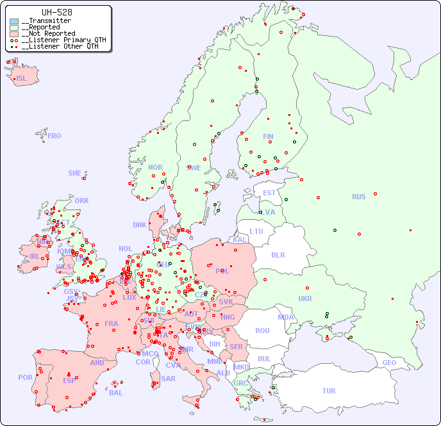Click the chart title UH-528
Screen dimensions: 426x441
coord(56,12)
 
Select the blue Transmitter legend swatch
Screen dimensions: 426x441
coord(14,21)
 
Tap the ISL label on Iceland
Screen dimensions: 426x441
coord(22,79)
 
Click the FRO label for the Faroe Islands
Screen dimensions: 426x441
coord(54,136)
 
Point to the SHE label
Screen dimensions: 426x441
coord(75,173)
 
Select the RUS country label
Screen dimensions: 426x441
coord(358,197)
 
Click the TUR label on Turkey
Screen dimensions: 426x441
coord(329,391)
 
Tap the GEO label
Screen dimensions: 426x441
coord(389,363)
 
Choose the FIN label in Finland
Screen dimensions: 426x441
coord(268,136)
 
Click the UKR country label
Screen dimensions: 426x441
coord(305,299)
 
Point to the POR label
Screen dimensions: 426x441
coord(25,377)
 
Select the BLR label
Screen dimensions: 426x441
coord(278,254)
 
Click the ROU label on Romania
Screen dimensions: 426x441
coord(262,331)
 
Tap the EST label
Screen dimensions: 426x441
coord(269,193)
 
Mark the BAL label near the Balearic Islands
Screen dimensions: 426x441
coord(116,393)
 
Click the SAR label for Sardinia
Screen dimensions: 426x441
coord(168,379)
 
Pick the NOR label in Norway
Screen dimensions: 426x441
coord(155,167)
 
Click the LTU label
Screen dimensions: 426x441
coord(256,231)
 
